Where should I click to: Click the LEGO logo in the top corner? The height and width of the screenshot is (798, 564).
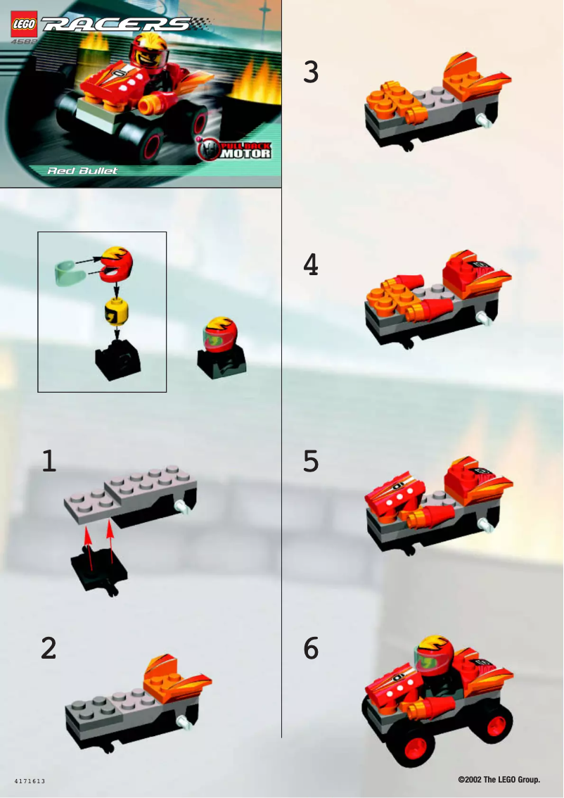(24, 25)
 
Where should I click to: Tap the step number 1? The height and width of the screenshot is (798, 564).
(48, 461)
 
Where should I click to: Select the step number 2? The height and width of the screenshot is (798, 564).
(48, 648)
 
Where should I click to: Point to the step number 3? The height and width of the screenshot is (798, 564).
(311, 72)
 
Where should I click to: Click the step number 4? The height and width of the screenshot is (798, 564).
(311, 265)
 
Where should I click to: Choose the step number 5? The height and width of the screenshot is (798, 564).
(311, 462)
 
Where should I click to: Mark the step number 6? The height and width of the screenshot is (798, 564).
(311, 648)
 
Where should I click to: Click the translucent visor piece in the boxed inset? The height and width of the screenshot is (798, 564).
(68, 271)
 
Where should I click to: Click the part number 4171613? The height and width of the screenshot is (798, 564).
(30, 782)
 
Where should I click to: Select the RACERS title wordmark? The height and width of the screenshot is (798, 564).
(118, 25)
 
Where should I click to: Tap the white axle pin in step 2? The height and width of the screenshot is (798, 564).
(185, 721)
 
